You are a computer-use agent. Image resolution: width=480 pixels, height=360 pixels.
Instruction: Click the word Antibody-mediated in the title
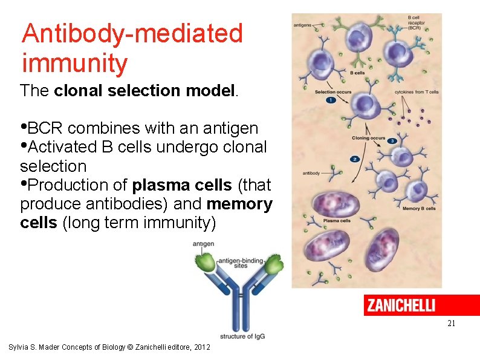pyautogui.click(x=132, y=33)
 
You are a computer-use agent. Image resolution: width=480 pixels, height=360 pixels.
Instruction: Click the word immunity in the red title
pyautogui.click(x=74, y=63)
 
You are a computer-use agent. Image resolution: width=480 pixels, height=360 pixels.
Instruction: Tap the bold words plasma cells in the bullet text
pyautogui.click(x=182, y=185)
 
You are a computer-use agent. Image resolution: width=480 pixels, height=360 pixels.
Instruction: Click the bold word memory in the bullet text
pyautogui.click(x=239, y=204)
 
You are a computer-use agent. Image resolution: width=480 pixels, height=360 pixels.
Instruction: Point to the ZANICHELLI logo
pyautogui.click(x=400, y=305)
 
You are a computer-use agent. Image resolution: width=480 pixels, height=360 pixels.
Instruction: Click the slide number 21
pyautogui.click(x=451, y=324)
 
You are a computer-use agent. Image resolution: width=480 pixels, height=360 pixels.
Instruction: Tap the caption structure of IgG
pyautogui.click(x=242, y=336)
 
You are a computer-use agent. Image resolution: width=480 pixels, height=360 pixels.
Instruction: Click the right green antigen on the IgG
pyautogui.click(x=276, y=263)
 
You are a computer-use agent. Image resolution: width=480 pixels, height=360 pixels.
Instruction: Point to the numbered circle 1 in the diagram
pyautogui.click(x=331, y=100)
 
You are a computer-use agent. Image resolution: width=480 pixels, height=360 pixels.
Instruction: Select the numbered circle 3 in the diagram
pyautogui.click(x=392, y=141)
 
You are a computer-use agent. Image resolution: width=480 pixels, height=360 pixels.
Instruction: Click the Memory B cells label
pyautogui.click(x=419, y=209)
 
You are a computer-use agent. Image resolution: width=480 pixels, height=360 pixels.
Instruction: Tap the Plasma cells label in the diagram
pyautogui.click(x=337, y=221)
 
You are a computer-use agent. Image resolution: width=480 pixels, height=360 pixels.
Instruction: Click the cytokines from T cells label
pyautogui.click(x=417, y=92)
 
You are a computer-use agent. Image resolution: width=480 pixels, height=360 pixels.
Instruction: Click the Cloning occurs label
pyautogui.click(x=368, y=138)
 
